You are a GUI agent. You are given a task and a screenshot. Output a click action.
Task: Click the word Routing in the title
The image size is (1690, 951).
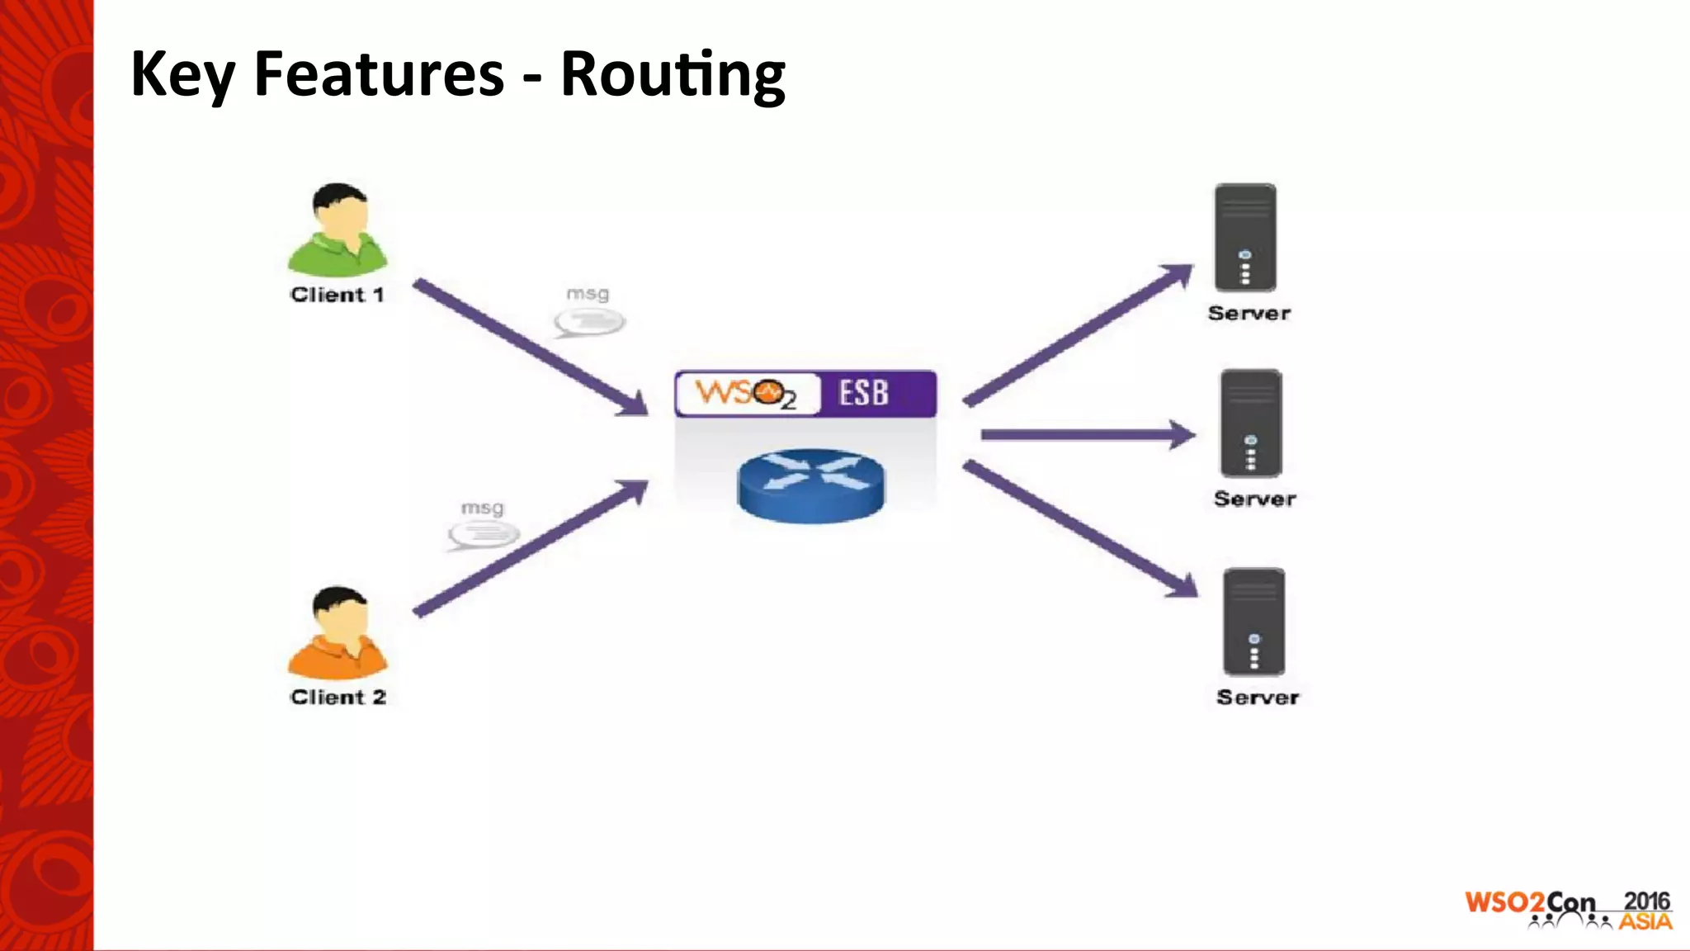(x=673, y=74)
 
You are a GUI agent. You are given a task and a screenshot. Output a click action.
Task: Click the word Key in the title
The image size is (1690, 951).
(x=182, y=74)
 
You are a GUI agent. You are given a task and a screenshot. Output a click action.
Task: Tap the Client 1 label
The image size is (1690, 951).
(x=338, y=295)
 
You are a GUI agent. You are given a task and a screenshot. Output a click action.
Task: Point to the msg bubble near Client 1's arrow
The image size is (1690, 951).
(x=589, y=320)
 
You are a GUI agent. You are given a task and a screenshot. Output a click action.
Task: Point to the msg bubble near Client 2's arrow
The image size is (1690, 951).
(x=484, y=534)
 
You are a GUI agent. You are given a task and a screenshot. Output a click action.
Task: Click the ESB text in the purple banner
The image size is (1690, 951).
(x=864, y=393)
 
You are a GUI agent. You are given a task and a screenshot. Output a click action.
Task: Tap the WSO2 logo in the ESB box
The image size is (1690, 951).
(x=745, y=394)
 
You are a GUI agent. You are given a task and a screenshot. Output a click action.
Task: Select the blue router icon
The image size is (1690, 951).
(x=810, y=485)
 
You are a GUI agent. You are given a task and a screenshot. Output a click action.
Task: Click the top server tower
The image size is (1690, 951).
(x=1245, y=237)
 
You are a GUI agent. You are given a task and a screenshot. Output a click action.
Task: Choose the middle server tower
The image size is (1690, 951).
(x=1251, y=423)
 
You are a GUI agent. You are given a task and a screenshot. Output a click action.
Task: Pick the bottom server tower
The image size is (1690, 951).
(x=1253, y=622)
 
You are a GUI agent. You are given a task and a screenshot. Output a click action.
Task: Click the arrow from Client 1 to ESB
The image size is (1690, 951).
(x=528, y=347)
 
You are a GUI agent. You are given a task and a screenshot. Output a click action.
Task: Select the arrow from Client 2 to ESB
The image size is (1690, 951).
(x=528, y=549)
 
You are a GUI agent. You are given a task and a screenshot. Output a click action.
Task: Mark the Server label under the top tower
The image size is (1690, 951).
(x=1249, y=313)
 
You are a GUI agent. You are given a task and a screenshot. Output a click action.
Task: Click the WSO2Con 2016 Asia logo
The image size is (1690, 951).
(x=1568, y=910)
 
